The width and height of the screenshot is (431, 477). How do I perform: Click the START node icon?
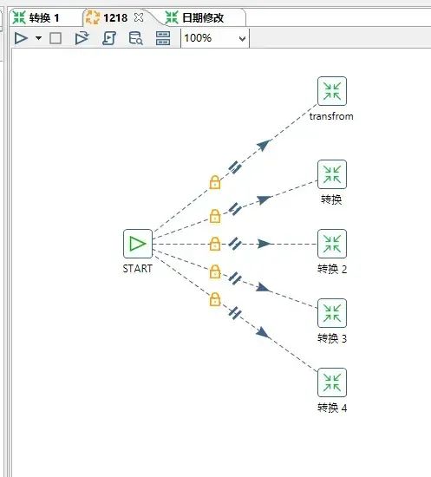pos(138,244)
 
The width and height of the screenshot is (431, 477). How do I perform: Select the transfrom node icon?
pos(332,91)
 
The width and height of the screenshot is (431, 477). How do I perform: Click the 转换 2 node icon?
pos(332,244)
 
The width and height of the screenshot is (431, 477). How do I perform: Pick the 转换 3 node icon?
pos(332,313)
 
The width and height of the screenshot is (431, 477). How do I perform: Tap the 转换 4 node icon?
pos(332,382)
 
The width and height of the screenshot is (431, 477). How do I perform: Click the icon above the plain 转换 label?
pos(332,174)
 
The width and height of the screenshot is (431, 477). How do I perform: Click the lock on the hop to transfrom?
pos(215,182)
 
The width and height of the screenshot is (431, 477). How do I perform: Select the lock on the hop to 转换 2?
pos(215,244)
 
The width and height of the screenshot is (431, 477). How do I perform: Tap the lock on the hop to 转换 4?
pos(215,299)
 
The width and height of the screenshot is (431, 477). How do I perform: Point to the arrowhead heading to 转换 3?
pos(263,287)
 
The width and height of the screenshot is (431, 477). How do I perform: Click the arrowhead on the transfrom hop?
pos(264,145)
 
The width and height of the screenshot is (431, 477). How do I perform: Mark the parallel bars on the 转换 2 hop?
pos(235,244)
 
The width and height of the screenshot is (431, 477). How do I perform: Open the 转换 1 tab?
pos(36,17)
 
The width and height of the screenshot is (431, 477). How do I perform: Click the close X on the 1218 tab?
pos(139,17)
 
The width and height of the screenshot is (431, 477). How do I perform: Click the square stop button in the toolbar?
pos(56,38)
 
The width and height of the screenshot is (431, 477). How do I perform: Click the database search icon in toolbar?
pos(135,38)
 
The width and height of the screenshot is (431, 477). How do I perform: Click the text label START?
pos(138,269)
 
